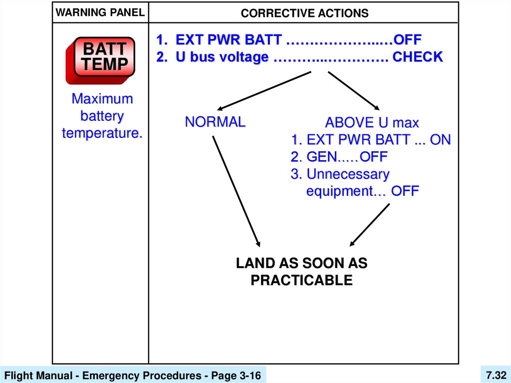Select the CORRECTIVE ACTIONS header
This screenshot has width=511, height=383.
pyautogui.click(x=304, y=13)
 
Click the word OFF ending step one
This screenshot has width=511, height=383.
pyautogui.click(x=407, y=39)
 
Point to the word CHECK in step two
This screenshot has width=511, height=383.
pyautogui.click(x=417, y=57)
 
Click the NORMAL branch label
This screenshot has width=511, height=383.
pyautogui.click(x=215, y=122)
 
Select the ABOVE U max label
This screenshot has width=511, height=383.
pyautogui.click(x=372, y=123)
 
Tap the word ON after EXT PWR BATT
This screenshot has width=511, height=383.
pyautogui.click(x=440, y=140)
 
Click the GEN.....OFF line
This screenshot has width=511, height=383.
pyautogui.click(x=339, y=157)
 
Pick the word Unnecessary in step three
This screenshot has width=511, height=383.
pyautogui.click(x=348, y=174)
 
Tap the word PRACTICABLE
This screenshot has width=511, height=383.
pyautogui.click(x=301, y=281)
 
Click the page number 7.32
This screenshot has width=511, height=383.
pyautogui.click(x=496, y=375)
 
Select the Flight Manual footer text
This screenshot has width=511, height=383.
pyautogui.click(x=133, y=376)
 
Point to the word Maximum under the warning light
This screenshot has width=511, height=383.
pyautogui.click(x=102, y=99)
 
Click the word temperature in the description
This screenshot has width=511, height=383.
pyautogui.click(x=102, y=133)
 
